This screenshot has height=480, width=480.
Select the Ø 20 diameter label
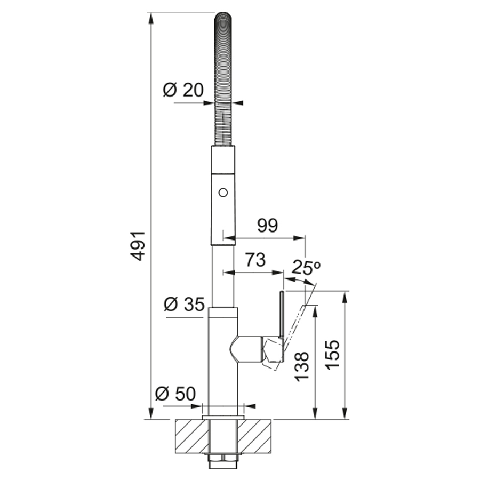[183, 90]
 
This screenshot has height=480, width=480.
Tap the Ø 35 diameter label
[185, 305]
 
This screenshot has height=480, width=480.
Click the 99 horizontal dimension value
[267, 226]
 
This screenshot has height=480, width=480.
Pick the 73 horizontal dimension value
[255, 260]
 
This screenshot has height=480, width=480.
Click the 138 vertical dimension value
[302, 367]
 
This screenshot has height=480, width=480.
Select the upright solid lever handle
[281, 315]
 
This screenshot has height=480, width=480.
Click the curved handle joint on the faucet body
[246, 349]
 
